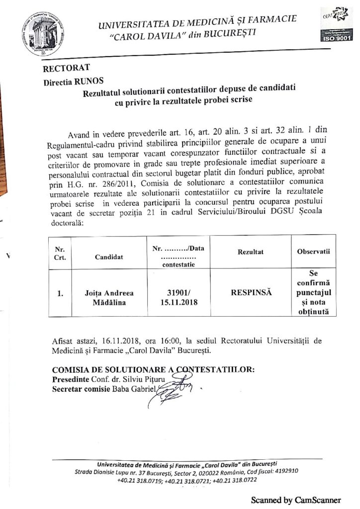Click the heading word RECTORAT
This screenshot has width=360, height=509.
66,68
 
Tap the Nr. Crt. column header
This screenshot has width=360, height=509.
60,253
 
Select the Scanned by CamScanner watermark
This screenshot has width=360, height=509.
295,500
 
